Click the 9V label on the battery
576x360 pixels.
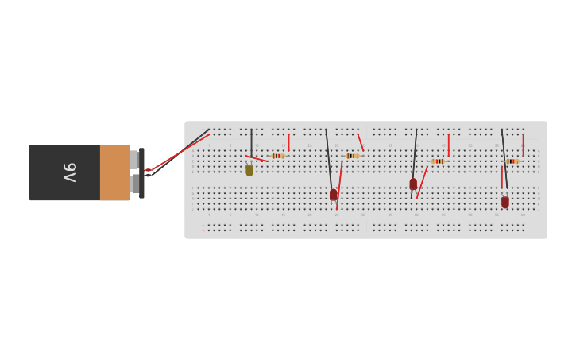click(x=70, y=172)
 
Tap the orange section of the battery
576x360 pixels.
click(x=114, y=172)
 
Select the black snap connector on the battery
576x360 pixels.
click(x=141, y=172)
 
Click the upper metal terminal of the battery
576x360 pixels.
click(x=133, y=159)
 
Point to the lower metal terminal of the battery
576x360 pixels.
click(x=133, y=184)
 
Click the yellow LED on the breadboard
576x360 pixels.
click(x=249, y=170)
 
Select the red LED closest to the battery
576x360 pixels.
click(x=334, y=195)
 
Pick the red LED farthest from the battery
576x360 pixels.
click(x=505, y=202)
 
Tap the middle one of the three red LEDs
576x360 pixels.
click(x=413, y=184)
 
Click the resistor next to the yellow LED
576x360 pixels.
click(x=277, y=156)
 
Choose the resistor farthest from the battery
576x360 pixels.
click(x=512, y=161)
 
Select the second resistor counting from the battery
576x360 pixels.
click(x=352, y=156)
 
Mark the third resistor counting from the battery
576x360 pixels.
click(x=438, y=161)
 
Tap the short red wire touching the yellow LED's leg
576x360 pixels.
click(x=257, y=158)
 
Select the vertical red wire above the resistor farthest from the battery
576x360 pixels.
click(x=523, y=145)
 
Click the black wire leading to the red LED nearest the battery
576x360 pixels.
click(x=329, y=159)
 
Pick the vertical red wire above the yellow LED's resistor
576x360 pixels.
click(x=288, y=142)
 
